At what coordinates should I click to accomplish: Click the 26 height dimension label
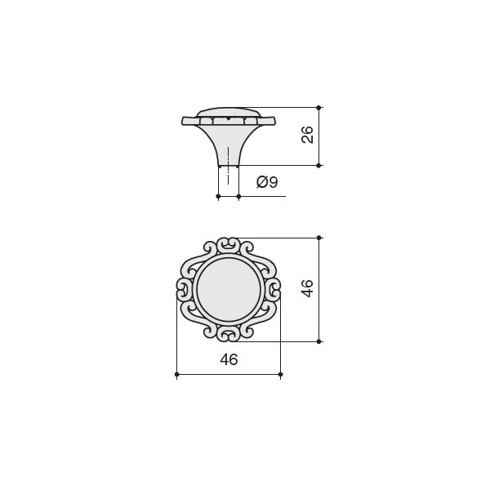(308, 135)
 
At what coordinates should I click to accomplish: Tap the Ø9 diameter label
(267, 182)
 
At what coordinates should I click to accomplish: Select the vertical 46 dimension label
(307, 288)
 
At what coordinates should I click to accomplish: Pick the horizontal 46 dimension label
(229, 359)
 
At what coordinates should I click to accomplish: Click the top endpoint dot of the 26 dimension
(318, 108)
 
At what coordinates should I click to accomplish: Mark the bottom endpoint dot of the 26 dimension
(318, 165)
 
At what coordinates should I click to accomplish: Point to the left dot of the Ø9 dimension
(218, 196)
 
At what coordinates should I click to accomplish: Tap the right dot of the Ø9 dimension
(238, 196)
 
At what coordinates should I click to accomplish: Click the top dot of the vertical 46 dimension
(318, 238)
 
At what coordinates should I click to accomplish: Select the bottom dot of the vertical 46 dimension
(318, 341)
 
